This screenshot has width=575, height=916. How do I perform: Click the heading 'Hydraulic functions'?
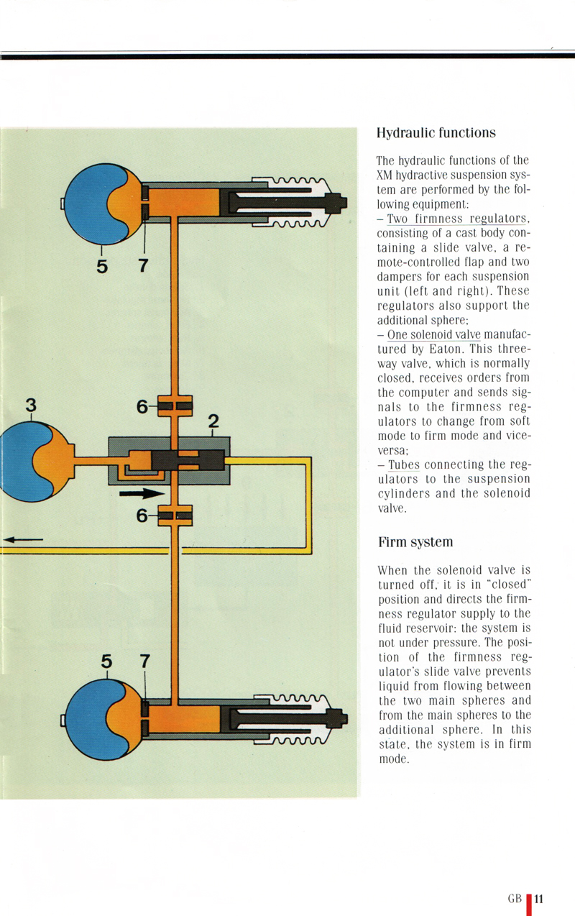pos(436,133)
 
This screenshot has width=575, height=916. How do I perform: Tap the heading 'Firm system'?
pos(415,541)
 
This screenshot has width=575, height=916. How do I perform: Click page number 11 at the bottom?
pos(539,898)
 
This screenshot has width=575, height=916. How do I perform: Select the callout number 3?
pos(30,406)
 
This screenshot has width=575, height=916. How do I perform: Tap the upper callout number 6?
pos(142,407)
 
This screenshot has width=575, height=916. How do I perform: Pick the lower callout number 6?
pos(142,515)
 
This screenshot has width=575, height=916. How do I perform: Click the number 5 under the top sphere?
pos(101,266)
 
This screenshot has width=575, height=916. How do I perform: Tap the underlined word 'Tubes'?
pos(403,464)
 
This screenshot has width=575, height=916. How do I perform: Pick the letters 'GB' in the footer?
pos(515,899)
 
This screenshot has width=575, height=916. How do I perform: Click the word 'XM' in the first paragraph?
pos(384,175)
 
